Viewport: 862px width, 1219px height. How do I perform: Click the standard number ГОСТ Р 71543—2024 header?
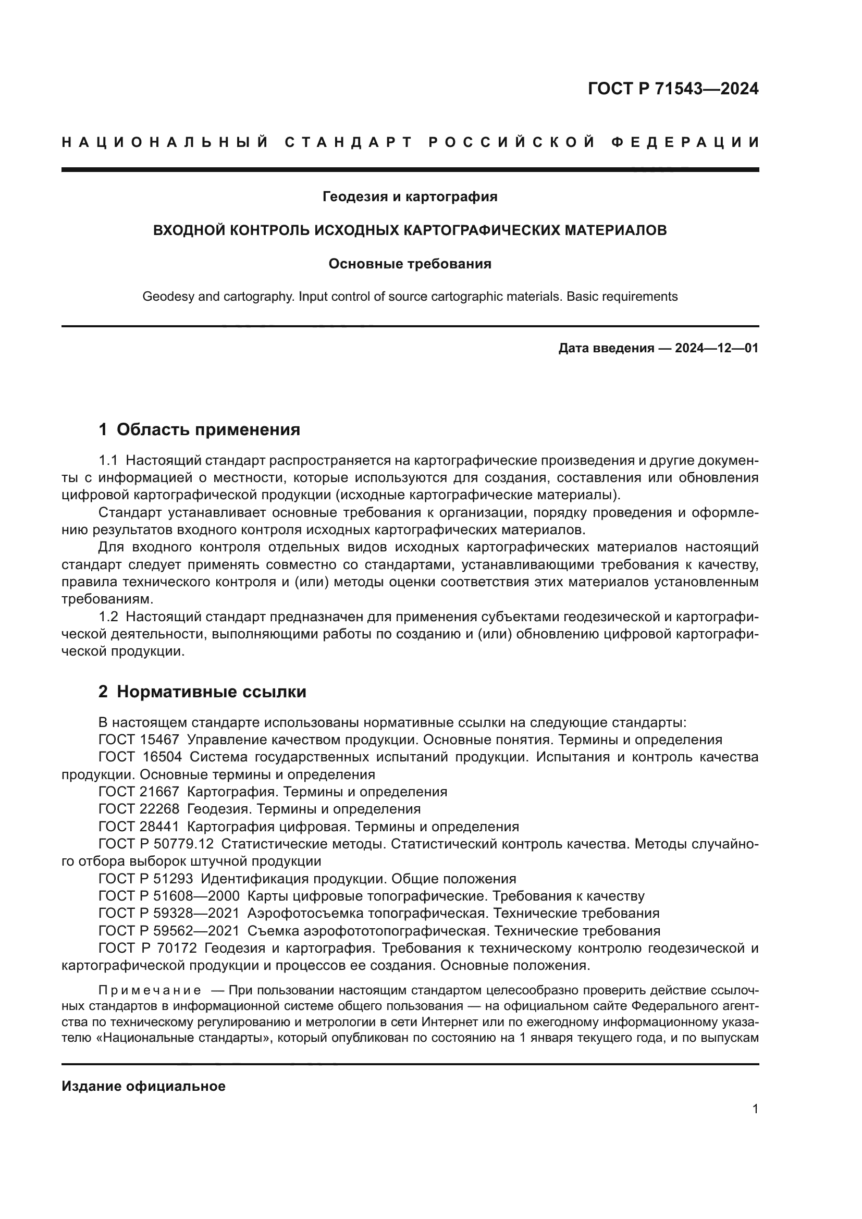coord(672,89)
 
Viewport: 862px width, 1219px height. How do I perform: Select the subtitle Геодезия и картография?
coord(410,197)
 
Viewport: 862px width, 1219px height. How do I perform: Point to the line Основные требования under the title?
coord(410,264)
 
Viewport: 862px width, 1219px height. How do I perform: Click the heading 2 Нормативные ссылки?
coord(202,692)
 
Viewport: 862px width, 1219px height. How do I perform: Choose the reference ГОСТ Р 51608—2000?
coord(168,896)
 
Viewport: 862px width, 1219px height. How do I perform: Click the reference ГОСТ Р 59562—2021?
coord(168,931)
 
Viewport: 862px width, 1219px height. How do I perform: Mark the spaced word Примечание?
coord(150,991)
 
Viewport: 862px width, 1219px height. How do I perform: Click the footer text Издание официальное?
coord(143,1086)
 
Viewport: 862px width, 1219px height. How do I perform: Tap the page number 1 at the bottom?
coord(755,1109)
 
